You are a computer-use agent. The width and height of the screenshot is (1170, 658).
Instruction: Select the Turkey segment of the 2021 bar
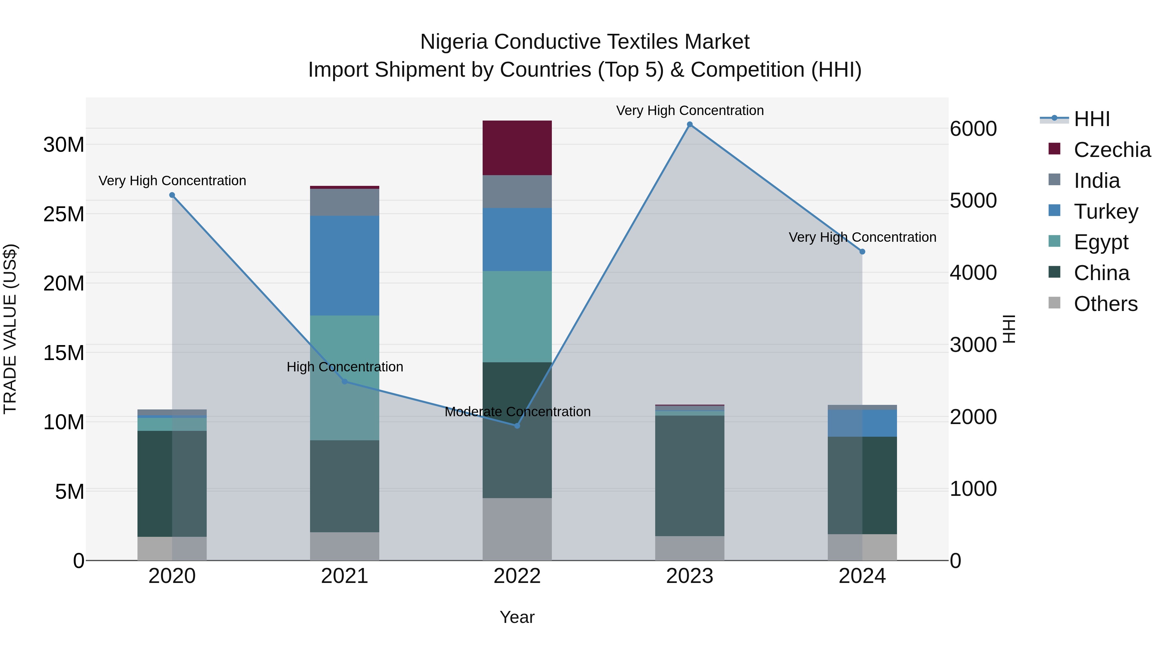click(344, 266)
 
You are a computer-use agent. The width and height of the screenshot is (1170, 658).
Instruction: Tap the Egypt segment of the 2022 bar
click(517, 316)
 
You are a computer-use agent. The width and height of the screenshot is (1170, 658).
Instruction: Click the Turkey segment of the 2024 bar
click(862, 423)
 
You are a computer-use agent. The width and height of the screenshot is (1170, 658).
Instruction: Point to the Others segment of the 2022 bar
click(517, 529)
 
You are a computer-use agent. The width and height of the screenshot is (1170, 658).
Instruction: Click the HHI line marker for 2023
click(689, 124)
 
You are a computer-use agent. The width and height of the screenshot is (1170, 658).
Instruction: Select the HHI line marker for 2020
click(172, 195)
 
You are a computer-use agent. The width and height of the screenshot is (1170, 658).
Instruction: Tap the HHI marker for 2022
click(517, 425)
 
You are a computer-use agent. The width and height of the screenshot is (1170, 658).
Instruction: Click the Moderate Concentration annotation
click(517, 412)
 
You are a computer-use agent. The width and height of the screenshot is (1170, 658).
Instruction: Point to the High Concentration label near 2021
click(345, 367)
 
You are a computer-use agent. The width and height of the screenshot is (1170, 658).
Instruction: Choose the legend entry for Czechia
click(1112, 150)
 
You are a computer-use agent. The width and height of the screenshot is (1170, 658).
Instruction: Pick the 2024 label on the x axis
click(862, 576)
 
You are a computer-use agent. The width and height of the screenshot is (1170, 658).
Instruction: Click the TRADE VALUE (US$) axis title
click(10, 329)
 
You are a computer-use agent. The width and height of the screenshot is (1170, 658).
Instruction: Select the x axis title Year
click(517, 617)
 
